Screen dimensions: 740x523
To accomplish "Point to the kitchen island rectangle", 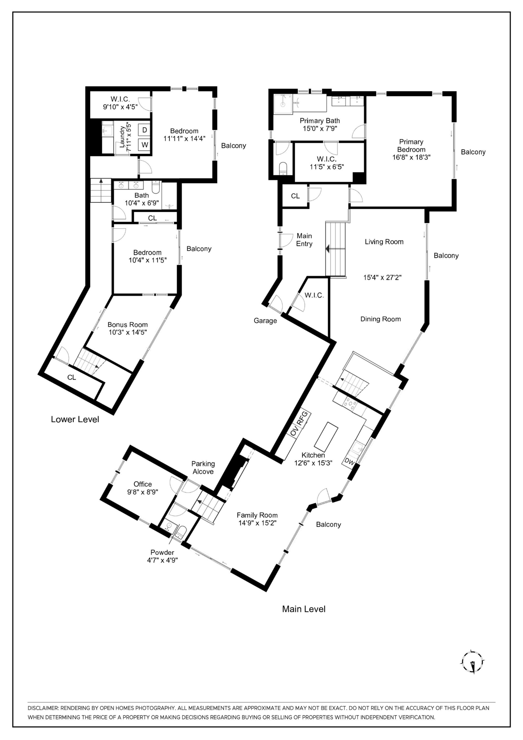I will point(326,437).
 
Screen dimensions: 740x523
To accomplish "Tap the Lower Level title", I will point(75,419).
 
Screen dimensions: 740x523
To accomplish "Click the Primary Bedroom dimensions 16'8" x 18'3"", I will point(411,157).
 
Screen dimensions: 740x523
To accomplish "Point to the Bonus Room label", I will point(128,325).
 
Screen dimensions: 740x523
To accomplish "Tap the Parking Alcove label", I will point(203,468).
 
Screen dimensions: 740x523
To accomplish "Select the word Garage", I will point(265,321).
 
